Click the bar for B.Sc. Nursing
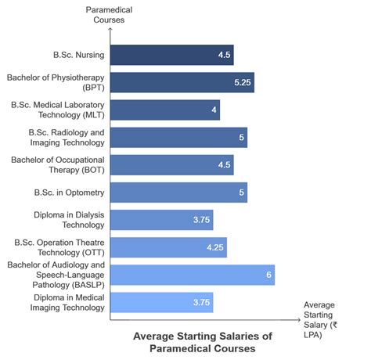point(171,55)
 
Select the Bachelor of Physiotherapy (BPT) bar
point(182,82)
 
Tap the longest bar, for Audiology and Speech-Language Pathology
point(192,274)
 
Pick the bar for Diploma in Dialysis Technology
point(161,219)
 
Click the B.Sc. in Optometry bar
point(178,192)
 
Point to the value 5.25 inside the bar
point(241,82)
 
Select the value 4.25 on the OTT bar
point(214,247)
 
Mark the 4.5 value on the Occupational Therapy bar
point(224,165)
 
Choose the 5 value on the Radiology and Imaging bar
point(242,138)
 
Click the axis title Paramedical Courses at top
point(110,15)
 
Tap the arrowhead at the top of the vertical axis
point(110,30)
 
